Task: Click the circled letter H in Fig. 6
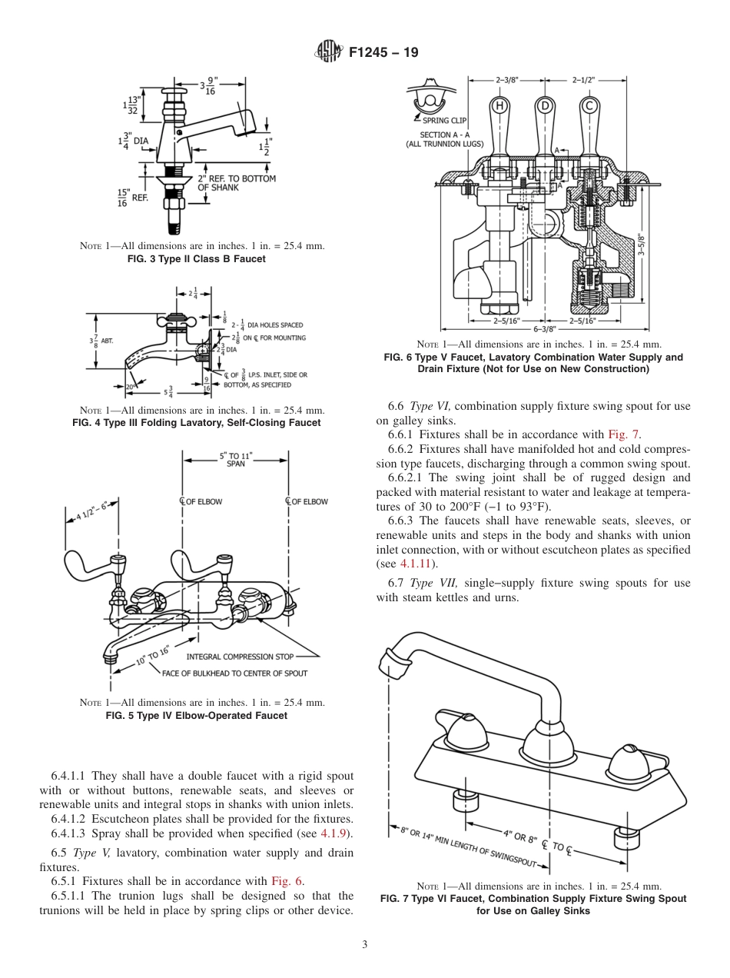(x=499, y=105)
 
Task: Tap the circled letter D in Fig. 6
(x=545, y=105)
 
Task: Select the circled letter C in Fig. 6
(x=589, y=105)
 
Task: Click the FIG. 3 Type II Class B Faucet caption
(x=196, y=259)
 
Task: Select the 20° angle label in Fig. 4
(x=131, y=386)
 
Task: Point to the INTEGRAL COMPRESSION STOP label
(x=241, y=656)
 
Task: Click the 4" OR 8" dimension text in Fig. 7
(x=520, y=836)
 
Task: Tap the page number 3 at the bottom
(x=365, y=945)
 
